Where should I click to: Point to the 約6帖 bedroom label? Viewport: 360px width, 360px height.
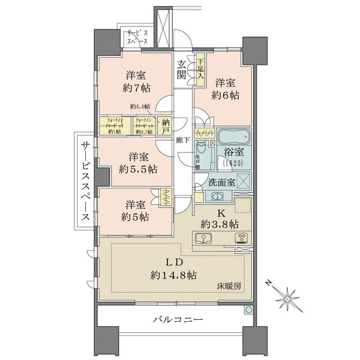click(225, 95)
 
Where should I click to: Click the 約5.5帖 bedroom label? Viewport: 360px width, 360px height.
click(137, 169)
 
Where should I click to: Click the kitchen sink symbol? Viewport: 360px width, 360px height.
click(204, 238)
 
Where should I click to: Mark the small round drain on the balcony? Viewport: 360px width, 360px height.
click(248, 311)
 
